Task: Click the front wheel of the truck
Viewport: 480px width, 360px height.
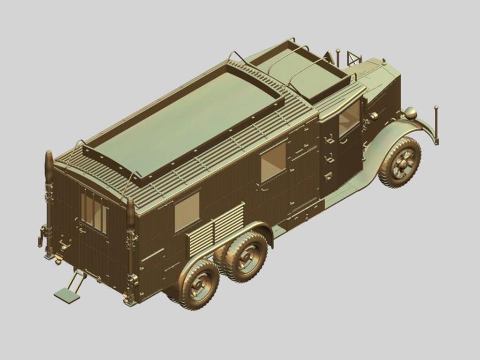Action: click(399, 163)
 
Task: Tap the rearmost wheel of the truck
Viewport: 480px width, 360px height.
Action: click(199, 284)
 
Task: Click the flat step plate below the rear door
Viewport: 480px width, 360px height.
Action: click(67, 295)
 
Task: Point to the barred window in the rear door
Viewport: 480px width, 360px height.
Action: click(94, 211)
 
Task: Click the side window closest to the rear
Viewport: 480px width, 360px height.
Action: click(187, 211)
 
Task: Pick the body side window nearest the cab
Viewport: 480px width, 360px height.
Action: click(273, 162)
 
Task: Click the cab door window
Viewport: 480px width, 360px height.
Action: click(349, 118)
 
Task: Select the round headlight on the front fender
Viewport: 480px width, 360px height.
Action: click(410, 113)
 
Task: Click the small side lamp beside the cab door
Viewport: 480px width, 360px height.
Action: click(374, 116)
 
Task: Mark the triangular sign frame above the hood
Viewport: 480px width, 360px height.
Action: click(354, 58)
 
